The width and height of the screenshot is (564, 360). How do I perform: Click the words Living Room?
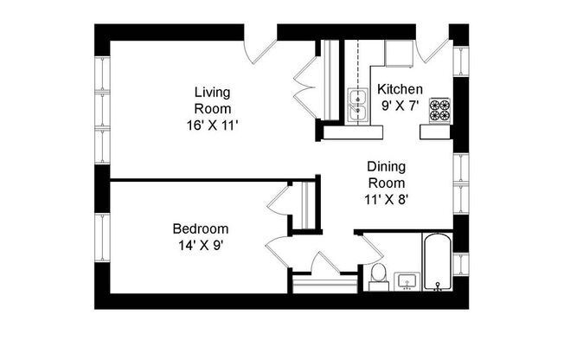(212, 100)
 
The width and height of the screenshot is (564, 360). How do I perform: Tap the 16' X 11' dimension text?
(212, 125)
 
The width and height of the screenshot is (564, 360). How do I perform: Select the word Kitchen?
(400, 89)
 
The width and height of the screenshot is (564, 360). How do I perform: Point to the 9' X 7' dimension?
(400, 106)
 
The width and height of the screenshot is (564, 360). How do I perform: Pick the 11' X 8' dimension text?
(387, 198)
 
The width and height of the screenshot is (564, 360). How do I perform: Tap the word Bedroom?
(200, 228)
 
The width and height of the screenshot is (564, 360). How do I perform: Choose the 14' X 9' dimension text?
(200, 245)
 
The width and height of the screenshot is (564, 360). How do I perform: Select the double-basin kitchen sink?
(356, 104)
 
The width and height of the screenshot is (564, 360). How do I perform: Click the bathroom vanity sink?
(406, 281)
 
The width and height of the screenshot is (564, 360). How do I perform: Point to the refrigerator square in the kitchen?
(399, 53)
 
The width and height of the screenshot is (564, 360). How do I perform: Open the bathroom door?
(369, 248)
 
